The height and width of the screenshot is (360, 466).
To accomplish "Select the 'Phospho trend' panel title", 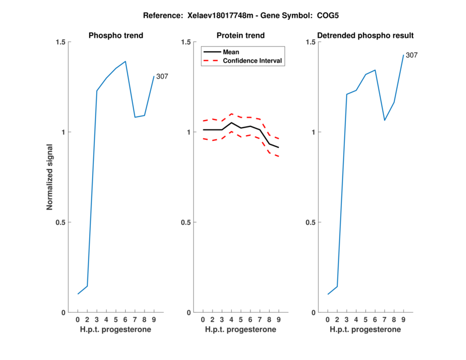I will (x=116, y=36).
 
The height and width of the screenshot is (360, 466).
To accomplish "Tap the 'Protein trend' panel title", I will (x=241, y=36).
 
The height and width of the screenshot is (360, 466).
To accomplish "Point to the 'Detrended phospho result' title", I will (x=366, y=36).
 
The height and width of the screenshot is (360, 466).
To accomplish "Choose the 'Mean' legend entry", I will (x=231, y=52).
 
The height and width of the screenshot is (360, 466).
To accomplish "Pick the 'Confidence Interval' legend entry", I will (x=253, y=61).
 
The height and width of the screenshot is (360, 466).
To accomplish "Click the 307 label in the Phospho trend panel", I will (x=162, y=76).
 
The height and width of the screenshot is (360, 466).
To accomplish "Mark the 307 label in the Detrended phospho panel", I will (x=411, y=55).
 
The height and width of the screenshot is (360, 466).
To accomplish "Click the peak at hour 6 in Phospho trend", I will (x=125, y=61).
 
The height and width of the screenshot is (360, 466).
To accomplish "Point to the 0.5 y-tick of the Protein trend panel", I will (x=187, y=222).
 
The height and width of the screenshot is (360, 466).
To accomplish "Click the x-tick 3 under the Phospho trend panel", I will (x=97, y=320).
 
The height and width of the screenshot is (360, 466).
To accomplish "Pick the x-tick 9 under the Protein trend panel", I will (x=278, y=320).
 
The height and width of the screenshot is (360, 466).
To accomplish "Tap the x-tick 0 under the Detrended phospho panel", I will (x=328, y=320).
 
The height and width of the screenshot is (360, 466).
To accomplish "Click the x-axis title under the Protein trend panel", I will (x=241, y=330).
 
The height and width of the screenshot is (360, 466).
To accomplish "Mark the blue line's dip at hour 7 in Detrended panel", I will (x=384, y=120).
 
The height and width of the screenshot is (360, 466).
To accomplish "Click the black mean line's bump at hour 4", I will (x=231, y=122).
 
